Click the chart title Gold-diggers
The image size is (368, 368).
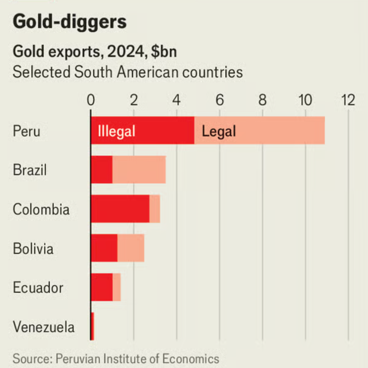click(70, 22)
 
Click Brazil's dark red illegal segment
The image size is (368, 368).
click(102, 170)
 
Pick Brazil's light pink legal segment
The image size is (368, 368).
click(139, 170)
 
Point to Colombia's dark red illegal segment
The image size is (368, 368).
click(120, 209)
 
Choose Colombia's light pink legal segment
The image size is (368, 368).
click(155, 209)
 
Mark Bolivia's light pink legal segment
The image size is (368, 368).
click(131, 248)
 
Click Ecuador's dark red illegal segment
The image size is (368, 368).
click(102, 287)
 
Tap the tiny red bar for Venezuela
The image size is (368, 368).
click(92, 326)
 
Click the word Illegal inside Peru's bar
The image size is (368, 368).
click(116, 131)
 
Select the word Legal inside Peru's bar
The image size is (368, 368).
click(219, 131)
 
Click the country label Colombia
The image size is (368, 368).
click(41, 209)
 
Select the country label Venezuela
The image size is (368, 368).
click(44, 327)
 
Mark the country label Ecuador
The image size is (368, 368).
click(38, 288)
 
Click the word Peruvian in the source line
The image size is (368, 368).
click(75, 359)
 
